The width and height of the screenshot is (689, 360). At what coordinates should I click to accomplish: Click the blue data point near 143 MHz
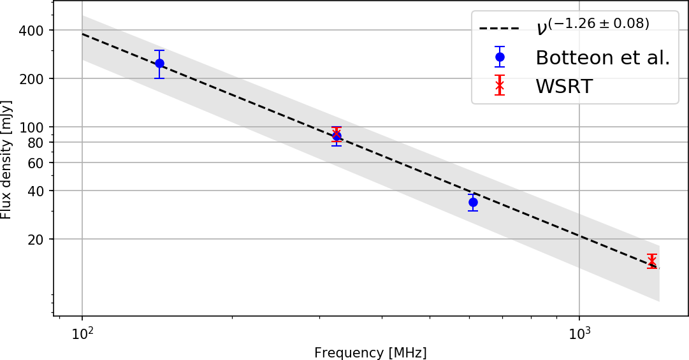pos(159,63)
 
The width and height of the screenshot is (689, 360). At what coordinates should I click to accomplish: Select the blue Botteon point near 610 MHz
pos(473,202)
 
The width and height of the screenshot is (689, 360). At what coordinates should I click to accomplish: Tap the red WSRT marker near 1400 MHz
pos(652,261)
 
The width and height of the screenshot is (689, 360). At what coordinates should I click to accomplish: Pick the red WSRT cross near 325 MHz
pos(337,133)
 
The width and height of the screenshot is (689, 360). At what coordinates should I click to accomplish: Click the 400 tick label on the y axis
pos(32,31)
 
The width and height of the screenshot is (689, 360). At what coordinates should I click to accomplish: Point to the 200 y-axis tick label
pos(32,79)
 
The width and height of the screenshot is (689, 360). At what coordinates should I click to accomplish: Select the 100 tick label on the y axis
pos(32,127)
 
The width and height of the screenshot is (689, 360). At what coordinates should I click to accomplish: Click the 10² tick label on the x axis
pos(82,332)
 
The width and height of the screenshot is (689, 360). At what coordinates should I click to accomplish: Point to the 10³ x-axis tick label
pos(579,332)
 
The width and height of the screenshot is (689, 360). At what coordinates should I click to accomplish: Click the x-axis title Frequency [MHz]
pos(370,352)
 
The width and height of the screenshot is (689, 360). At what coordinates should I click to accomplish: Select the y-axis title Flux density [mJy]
pos(6,159)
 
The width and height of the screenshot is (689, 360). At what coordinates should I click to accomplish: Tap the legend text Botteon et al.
pos(602,58)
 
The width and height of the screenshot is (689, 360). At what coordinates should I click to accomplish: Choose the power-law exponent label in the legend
pos(592,26)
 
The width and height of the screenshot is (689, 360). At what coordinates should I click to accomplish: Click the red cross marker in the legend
pos(500,85)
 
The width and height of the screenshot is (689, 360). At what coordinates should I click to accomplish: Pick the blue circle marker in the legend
pos(500,57)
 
